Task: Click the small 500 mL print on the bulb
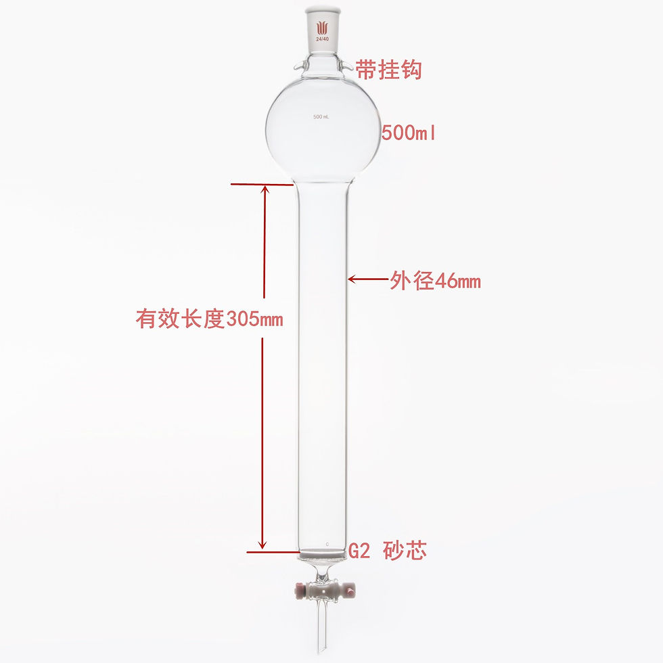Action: (x=321, y=117)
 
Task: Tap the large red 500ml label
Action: (x=409, y=133)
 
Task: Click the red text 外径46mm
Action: (x=435, y=281)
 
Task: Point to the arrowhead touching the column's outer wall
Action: (x=352, y=278)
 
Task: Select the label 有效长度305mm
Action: (x=209, y=318)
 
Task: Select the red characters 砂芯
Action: (x=405, y=551)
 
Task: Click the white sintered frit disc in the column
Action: (x=323, y=554)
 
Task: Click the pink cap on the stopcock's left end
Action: (x=298, y=592)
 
